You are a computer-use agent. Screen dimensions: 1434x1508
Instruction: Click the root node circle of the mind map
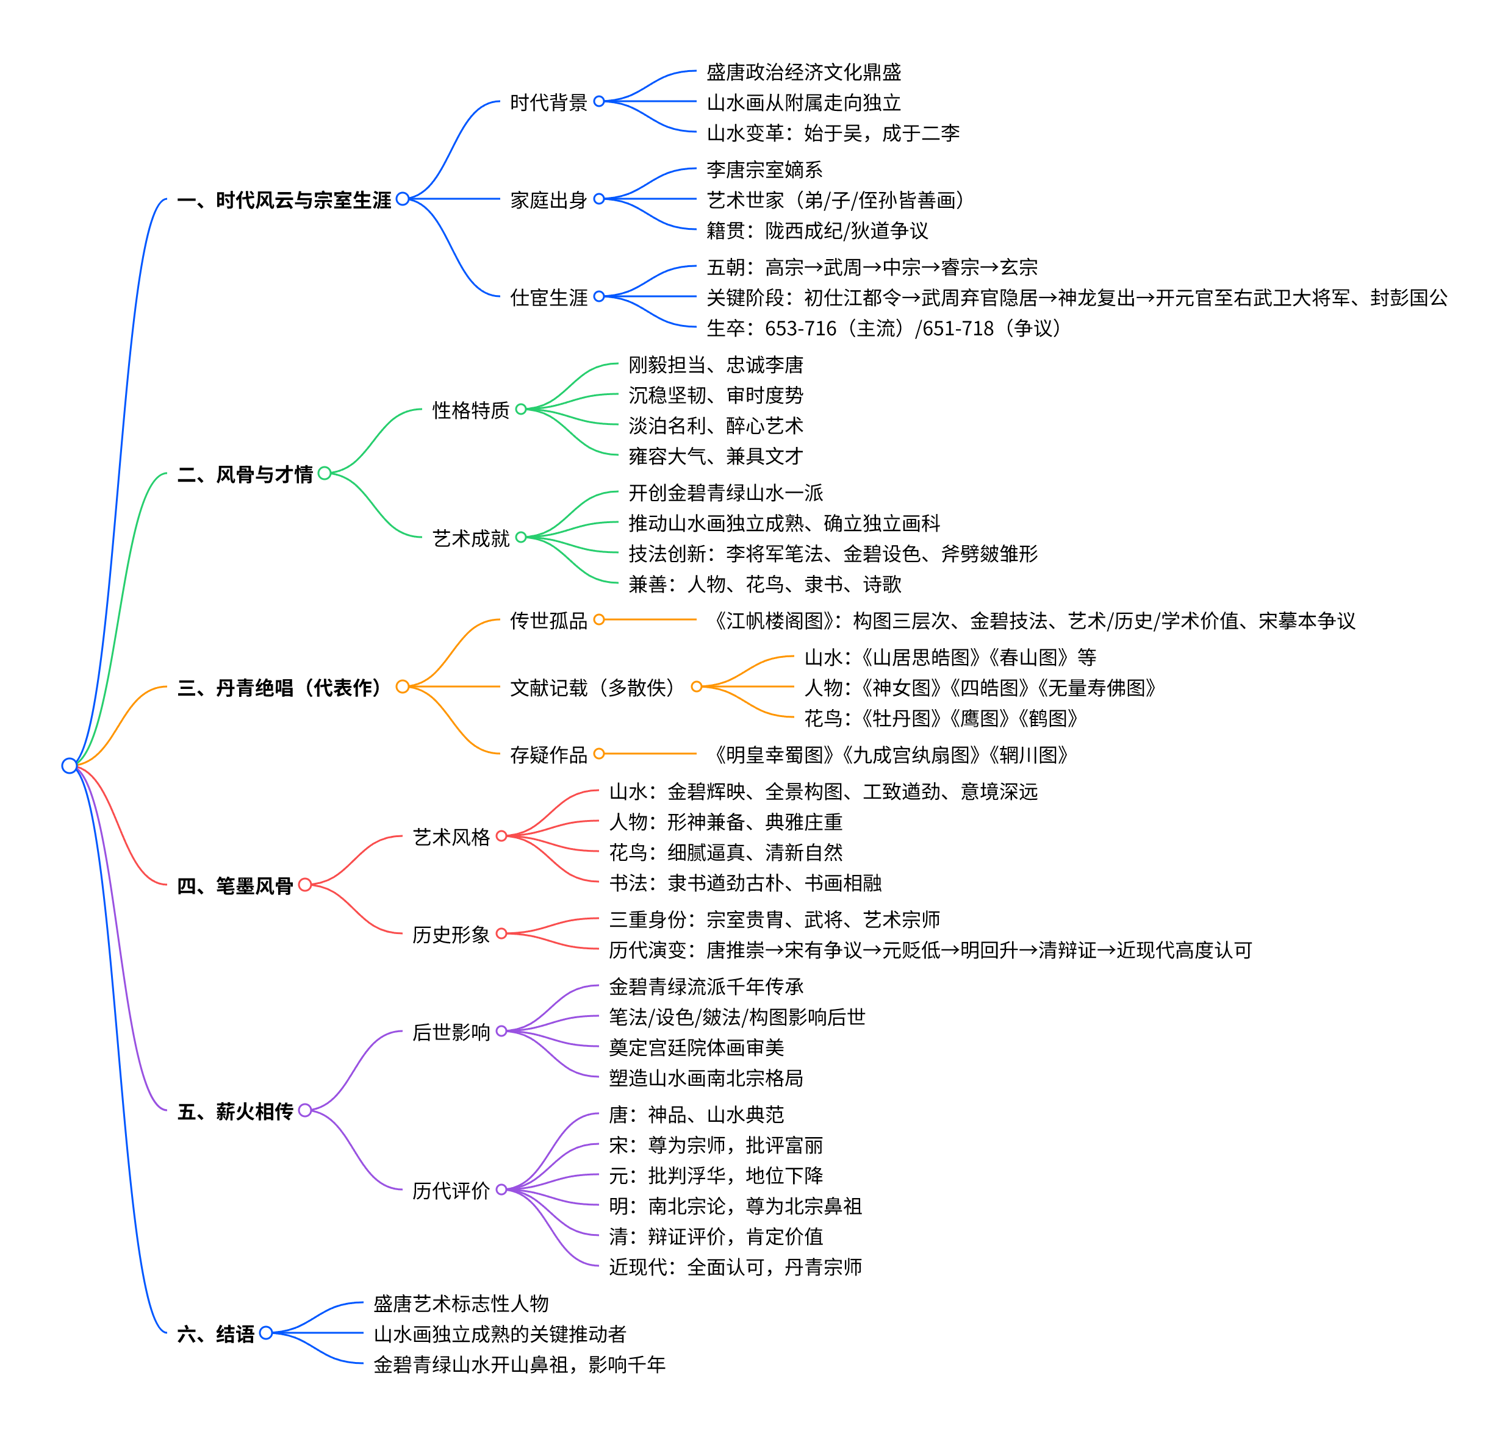tap(70, 765)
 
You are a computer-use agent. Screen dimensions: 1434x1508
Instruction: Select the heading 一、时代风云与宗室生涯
tap(284, 200)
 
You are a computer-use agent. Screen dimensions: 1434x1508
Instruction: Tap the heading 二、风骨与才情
tap(245, 475)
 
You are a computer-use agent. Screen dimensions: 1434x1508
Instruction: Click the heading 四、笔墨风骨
tap(235, 886)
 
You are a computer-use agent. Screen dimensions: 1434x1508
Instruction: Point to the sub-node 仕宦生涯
tap(548, 298)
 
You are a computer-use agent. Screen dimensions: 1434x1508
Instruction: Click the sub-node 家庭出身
tap(548, 200)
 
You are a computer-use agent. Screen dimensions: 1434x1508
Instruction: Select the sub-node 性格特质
tap(470, 410)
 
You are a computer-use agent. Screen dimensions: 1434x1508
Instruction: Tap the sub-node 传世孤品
tap(548, 621)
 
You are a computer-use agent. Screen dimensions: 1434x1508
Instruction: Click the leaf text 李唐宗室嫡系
tap(764, 169)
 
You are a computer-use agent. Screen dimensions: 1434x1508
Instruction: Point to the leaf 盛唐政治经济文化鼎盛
tap(803, 73)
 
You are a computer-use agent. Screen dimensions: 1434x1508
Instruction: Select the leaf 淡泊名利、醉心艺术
tap(715, 426)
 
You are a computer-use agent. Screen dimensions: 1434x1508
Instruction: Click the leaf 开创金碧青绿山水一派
tap(725, 493)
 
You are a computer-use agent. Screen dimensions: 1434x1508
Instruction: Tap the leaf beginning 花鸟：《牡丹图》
tap(941, 719)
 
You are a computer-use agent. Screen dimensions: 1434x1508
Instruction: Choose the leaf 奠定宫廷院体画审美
tap(696, 1047)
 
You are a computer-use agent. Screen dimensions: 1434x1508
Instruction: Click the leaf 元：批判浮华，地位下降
tap(715, 1175)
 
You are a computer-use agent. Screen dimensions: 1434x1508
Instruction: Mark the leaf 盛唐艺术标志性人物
tap(461, 1304)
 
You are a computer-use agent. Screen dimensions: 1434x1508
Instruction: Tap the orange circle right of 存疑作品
tap(599, 754)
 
